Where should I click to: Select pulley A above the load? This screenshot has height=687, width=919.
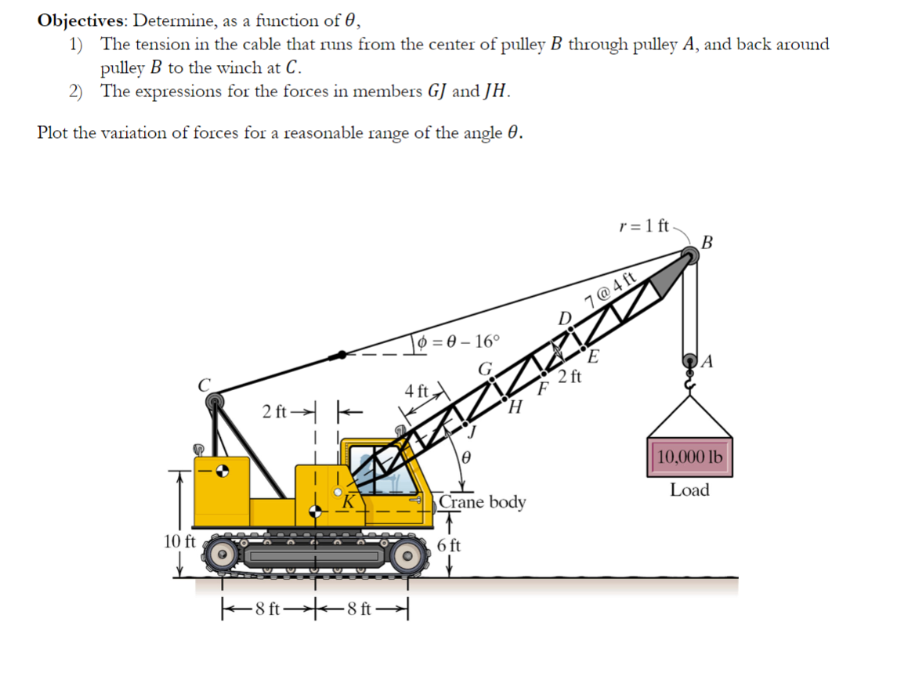pos(691,362)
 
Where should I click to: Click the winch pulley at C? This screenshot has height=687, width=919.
pos(214,402)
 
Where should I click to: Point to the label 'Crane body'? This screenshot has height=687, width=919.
pos(482,501)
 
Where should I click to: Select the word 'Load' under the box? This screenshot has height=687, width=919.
pos(689,490)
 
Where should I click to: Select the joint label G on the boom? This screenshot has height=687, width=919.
pos(486,367)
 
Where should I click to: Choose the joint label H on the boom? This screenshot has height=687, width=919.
pos(515,407)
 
